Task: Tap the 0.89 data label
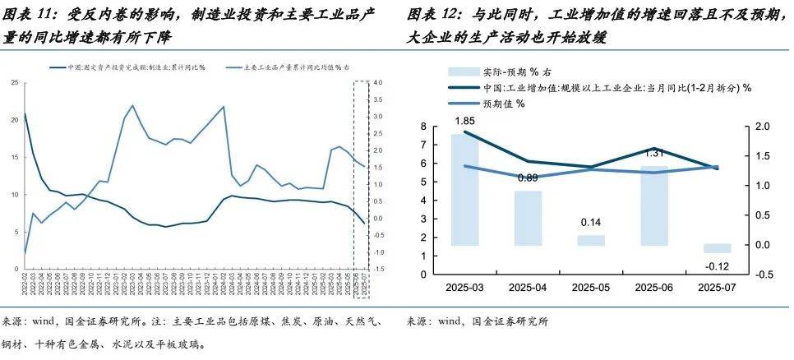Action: coord(528,178)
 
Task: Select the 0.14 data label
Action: coord(589,223)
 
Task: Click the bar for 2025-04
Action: coord(529,218)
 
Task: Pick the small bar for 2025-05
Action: coord(590,240)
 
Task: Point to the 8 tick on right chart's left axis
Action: coord(424,127)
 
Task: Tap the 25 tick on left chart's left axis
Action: coord(15,83)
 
